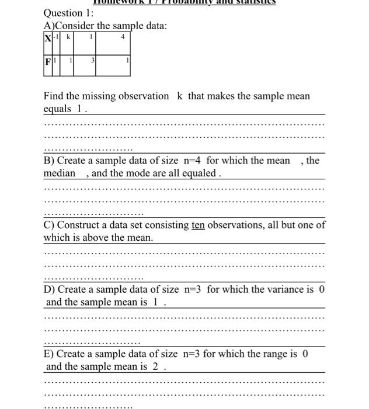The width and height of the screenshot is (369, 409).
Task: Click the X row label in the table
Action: [47, 37]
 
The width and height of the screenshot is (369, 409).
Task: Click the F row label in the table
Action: [47, 61]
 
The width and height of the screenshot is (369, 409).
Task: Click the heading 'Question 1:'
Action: [64, 13]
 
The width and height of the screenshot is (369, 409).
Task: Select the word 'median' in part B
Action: [60, 173]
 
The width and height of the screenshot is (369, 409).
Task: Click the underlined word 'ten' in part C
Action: [198, 225]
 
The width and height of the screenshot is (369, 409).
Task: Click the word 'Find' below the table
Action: [54, 96]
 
